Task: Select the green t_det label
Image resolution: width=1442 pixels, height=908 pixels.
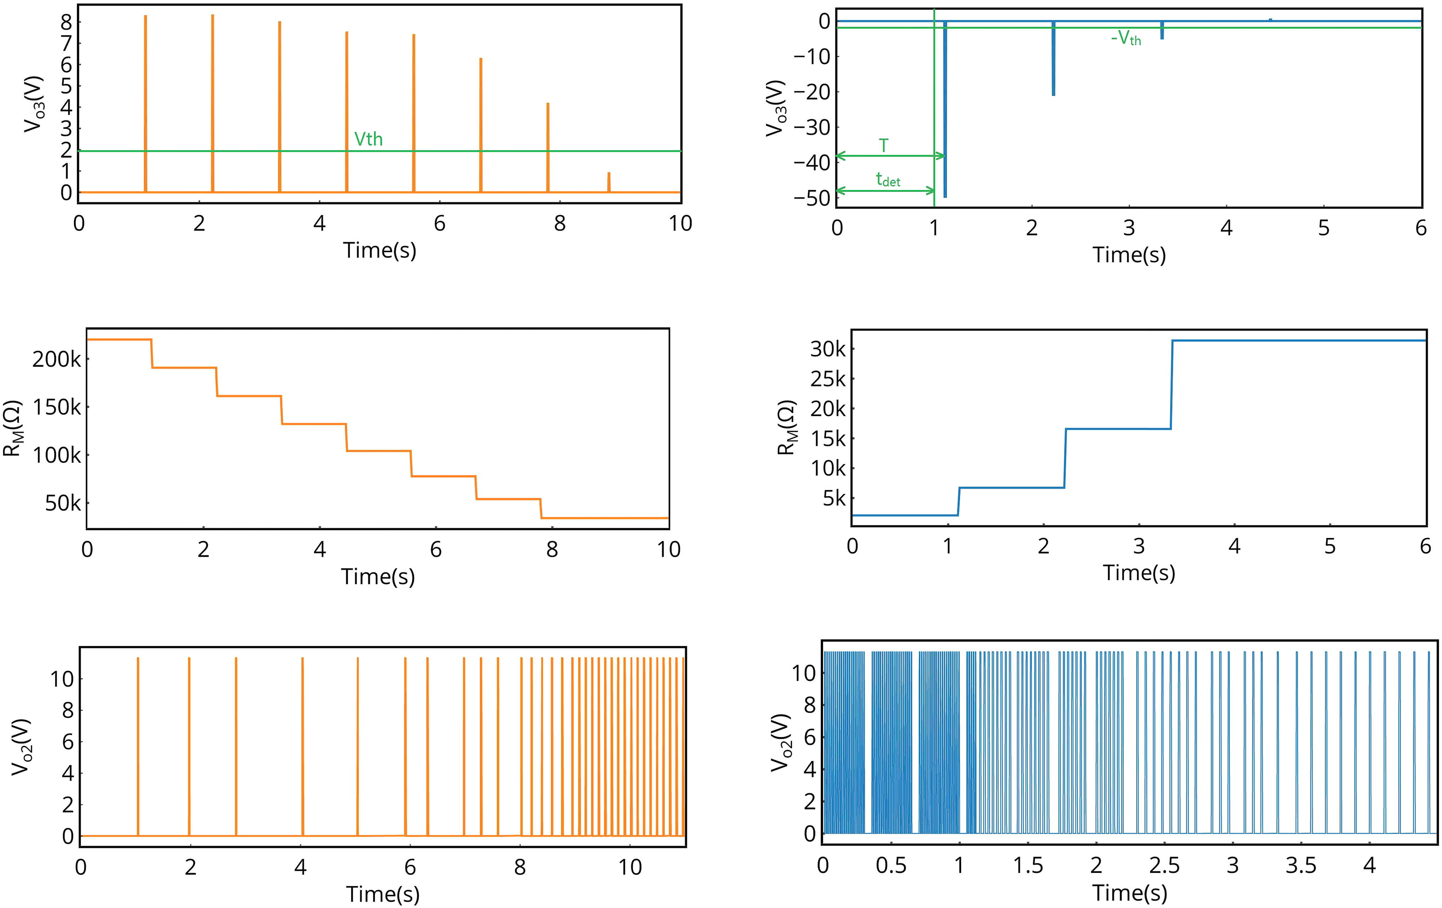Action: click(888, 179)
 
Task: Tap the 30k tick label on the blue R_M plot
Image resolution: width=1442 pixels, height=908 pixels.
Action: click(828, 349)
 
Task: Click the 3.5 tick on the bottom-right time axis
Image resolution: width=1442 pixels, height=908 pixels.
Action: click(1301, 866)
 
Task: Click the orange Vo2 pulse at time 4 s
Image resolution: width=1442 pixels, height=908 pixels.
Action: click(302, 749)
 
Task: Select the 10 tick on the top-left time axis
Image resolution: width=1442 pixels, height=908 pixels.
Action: click(680, 223)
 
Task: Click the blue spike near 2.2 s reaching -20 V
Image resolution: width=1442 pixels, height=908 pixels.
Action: click(1053, 60)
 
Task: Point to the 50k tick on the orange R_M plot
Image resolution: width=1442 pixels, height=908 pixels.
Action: click(62, 503)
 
